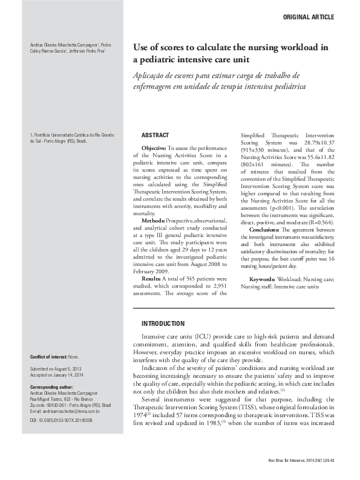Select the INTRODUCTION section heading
click(x=163, y=324)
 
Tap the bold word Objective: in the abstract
click(x=154, y=148)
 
